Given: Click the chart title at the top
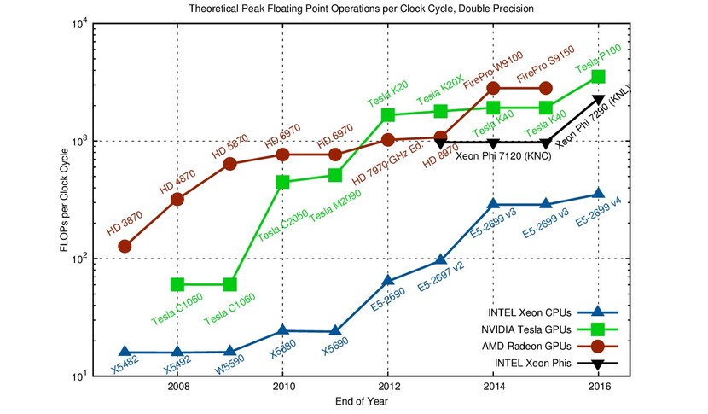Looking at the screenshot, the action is [x=361, y=9].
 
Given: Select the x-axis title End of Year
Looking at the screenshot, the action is [x=361, y=401].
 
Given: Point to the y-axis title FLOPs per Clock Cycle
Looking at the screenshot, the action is [x=65, y=201].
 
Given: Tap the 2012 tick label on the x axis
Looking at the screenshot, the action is [x=388, y=387].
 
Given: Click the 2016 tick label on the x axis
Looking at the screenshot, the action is [x=599, y=387].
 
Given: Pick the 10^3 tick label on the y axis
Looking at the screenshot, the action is [x=80, y=141].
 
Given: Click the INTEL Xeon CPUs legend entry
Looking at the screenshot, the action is [x=553, y=312].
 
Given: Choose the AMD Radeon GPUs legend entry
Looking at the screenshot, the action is [x=550, y=347].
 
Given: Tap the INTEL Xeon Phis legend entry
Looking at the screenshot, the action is [x=556, y=364].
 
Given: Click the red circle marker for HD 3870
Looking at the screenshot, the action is [x=125, y=247].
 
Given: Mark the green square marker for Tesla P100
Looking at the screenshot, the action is [x=598, y=76].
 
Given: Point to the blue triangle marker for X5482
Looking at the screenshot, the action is [x=125, y=351].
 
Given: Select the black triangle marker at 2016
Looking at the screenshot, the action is [x=598, y=99].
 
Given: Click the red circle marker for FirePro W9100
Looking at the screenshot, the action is [x=493, y=88].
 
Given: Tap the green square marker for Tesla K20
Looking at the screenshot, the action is [x=388, y=115].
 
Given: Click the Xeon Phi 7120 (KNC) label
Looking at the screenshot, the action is [x=503, y=156].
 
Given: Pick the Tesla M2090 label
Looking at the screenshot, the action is [x=335, y=206].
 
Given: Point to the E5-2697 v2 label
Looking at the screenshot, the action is [x=441, y=277].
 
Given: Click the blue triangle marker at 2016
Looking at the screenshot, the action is [x=598, y=193].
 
